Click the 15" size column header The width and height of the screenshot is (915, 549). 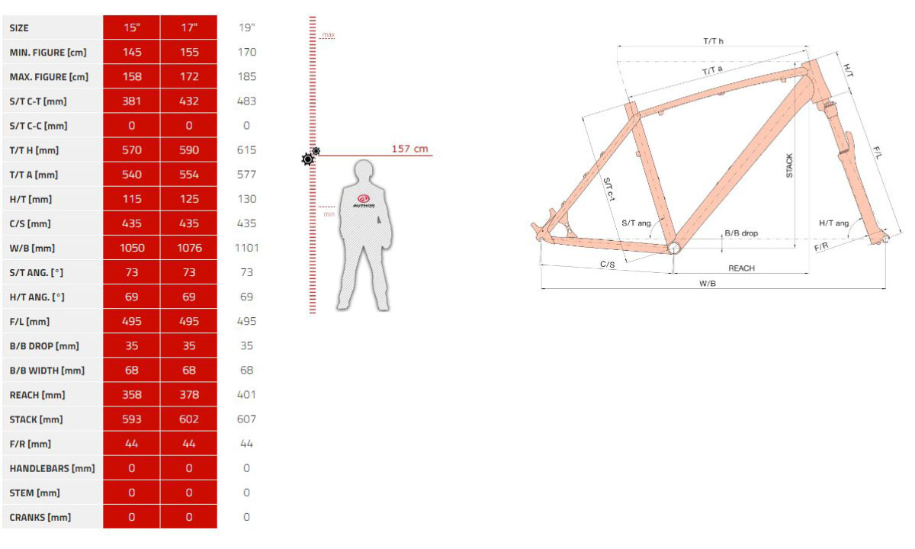[131, 27]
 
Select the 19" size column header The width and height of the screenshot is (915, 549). [247, 27]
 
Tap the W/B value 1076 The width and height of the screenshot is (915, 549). [189, 248]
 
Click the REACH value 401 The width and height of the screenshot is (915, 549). [247, 395]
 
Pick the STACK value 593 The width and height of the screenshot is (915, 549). [131, 419]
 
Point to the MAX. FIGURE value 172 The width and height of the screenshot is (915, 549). [189, 76]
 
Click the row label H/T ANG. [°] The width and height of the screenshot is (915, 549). [37, 297]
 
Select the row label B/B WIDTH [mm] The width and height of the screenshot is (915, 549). [47, 371]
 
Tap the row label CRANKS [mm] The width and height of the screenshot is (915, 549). [40, 518]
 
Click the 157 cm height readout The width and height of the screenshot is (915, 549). [409, 149]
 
